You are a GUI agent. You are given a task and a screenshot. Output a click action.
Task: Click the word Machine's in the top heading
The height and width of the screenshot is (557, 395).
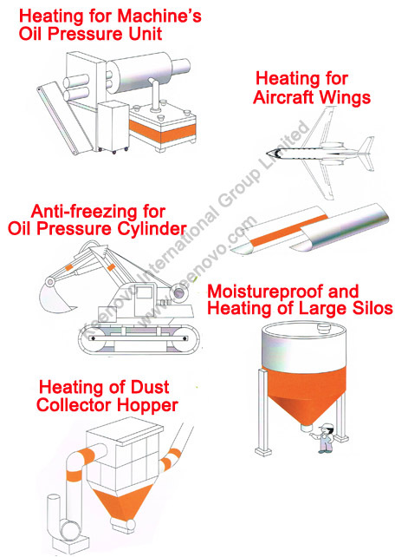click(x=159, y=16)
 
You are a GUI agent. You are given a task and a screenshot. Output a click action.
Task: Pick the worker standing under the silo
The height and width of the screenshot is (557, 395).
click(x=326, y=438)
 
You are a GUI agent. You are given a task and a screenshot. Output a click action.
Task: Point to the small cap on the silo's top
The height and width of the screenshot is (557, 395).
click(x=324, y=327)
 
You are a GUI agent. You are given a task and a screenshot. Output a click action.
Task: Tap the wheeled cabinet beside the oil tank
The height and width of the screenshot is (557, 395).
click(x=113, y=127)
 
